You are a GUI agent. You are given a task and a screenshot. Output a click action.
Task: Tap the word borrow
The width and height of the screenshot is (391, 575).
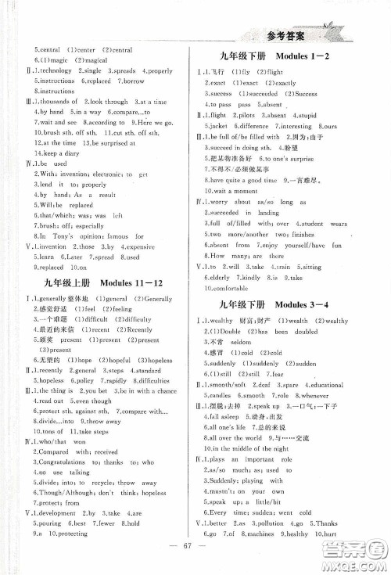pyautogui.click(x=134, y=81)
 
